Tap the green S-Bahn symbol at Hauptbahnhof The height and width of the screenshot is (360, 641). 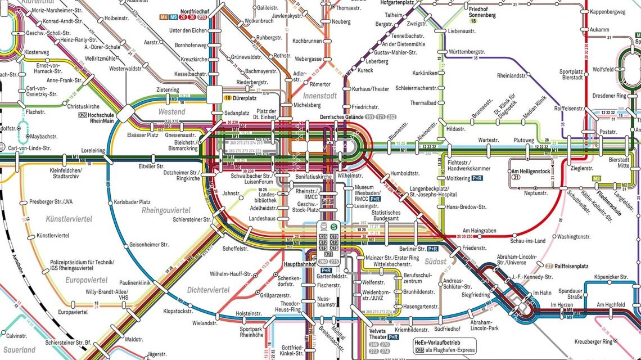click(333, 226)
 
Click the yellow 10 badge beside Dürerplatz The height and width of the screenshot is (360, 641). click(228, 97)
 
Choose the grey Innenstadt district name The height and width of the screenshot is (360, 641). click(322, 96)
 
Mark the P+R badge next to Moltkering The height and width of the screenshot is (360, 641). click(477, 178)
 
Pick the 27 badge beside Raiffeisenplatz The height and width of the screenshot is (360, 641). click(549, 265)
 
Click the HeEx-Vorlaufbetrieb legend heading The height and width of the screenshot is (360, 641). click(437, 342)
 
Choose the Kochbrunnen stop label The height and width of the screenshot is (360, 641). click(307, 41)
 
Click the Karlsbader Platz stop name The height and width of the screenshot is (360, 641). click(132, 202)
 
